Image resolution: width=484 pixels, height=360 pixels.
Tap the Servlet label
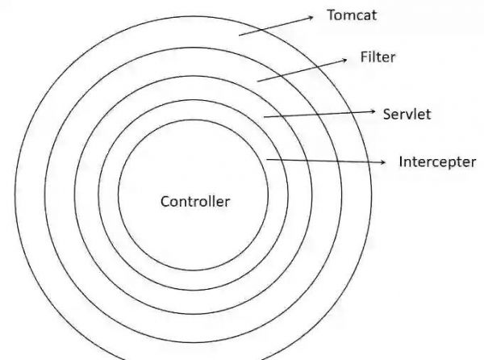pyautogui.click(x=407, y=114)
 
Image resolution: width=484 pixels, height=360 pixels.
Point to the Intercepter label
pyautogui.click(x=437, y=161)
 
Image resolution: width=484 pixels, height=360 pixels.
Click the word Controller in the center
pyautogui.click(x=195, y=201)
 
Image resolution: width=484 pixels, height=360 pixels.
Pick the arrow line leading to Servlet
pyautogui.click(x=319, y=114)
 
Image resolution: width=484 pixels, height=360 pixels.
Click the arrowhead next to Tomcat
pyautogui.click(x=311, y=15)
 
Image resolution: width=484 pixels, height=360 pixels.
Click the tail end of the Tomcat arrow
pyautogui.click(x=240, y=34)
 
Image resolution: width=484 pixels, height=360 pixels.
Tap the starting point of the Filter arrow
pyautogui.click(x=257, y=81)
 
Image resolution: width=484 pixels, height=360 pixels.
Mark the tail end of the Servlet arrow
pyautogui.click(x=265, y=118)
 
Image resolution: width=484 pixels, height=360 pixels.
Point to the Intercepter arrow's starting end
pyautogui.click(x=267, y=160)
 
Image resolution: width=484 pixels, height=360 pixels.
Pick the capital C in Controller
pyautogui.click(x=165, y=201)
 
